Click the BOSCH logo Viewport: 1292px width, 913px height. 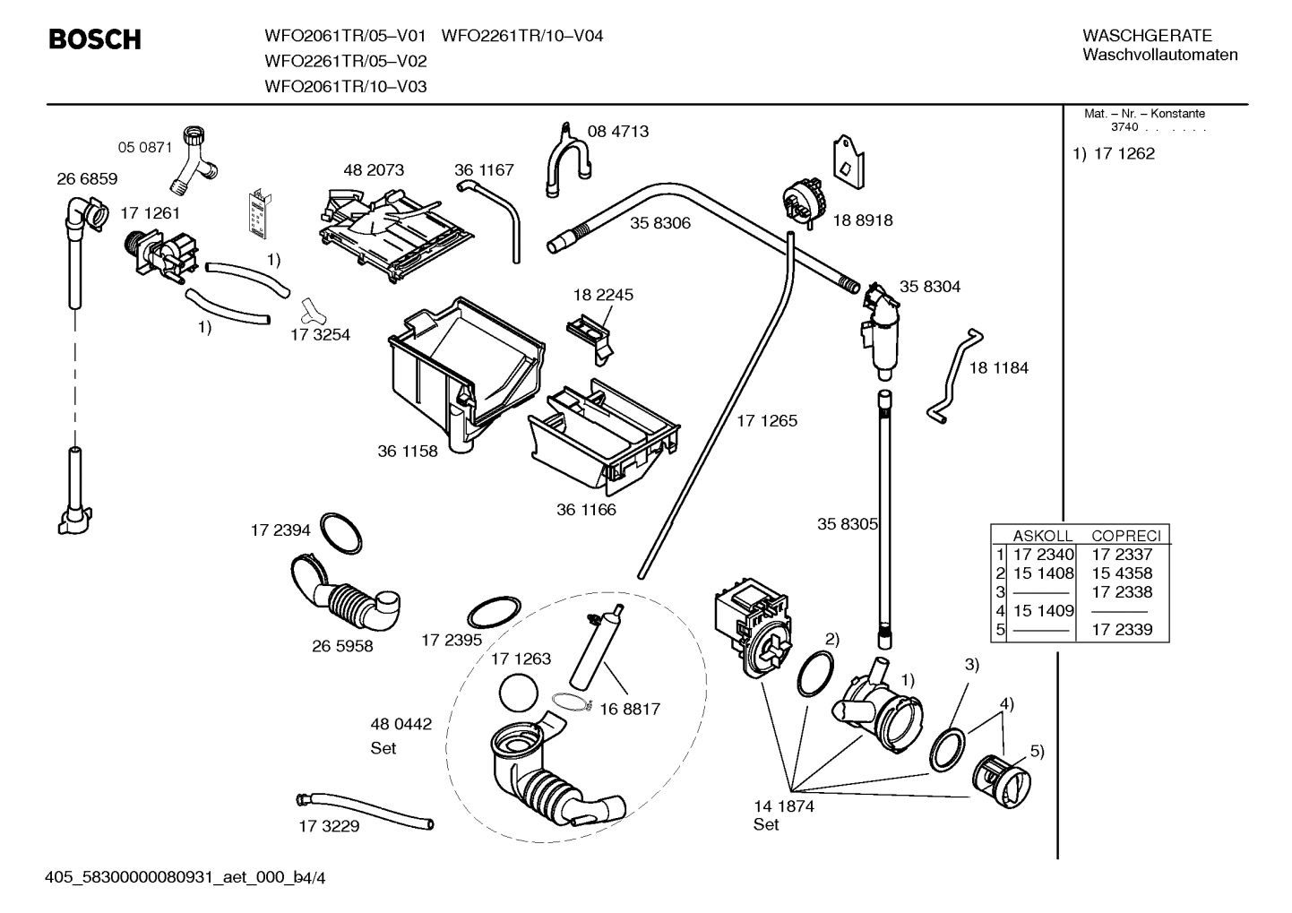coord(94,40)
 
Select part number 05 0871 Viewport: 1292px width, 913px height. coord(145,147)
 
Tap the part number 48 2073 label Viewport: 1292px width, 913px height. coord(374,169)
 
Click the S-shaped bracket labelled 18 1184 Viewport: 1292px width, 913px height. coord(952,376)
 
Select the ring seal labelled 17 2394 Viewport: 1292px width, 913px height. coord(341,534)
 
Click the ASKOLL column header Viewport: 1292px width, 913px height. coord(1042,536)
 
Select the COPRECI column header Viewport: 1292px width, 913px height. coord(1125,536)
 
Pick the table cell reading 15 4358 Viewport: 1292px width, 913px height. coord(1122,573)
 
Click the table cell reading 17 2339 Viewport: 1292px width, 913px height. coord(1122,630)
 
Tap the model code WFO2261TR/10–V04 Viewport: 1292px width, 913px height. coord(522,36)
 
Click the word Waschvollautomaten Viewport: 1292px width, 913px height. coord(1159,56)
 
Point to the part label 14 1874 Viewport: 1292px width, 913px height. coord(783,805)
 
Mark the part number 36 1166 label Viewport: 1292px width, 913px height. coord(586,510)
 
